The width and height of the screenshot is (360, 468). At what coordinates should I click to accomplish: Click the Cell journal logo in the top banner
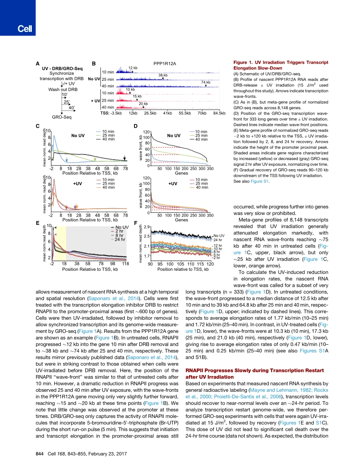[17, 29]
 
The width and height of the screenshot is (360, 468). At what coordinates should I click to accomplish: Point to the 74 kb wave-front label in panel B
[206, 82]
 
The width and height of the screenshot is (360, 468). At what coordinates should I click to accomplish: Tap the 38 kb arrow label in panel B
[163, 75]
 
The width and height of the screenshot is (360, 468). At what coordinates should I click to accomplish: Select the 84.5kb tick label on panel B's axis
[219, 113]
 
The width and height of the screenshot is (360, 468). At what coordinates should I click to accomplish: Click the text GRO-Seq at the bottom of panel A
[61, 117]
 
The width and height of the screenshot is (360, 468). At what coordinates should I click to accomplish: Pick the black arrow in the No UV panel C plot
[125, 158]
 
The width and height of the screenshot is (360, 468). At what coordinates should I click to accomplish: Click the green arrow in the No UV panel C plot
[95, 159]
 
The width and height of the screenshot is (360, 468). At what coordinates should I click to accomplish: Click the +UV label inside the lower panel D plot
[173, 184]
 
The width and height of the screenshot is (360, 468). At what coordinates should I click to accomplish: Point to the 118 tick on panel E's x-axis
[125, 263]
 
